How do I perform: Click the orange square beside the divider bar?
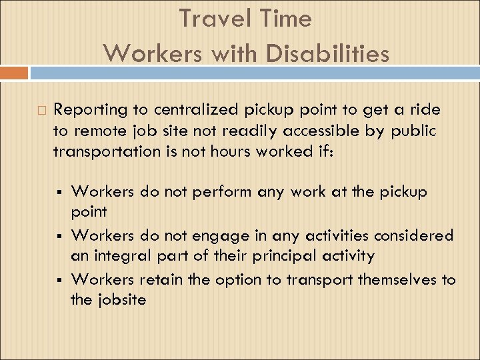(x=14, y=73)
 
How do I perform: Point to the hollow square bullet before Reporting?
(x=41, y=110)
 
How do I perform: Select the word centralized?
(x=189, y=110)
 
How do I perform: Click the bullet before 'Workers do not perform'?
(x=60, y=193)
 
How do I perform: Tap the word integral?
(x=118, y=256)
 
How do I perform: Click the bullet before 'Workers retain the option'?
(x=60, y=278)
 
